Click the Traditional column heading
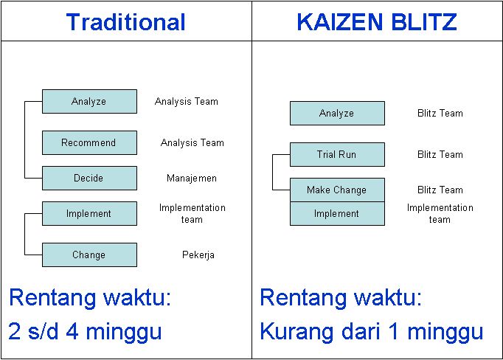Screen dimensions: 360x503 point(125,22)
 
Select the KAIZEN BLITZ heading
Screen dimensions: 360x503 point(376,22)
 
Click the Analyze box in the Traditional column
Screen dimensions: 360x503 point(89,102)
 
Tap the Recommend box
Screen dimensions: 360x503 point(89,143)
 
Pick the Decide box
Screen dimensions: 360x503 point(89,179)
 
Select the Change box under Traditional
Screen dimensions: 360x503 point(89,255)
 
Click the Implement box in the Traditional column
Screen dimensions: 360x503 point(89,214)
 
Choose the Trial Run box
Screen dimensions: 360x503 point(337,155)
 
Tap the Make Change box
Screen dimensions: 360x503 point(337,190)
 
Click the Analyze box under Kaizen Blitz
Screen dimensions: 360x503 point(337,114)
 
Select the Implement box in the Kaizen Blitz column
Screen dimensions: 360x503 point(337,214)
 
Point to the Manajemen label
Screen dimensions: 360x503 point(192,179)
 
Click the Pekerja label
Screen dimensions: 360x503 point(198,255)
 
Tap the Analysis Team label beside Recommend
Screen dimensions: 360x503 point(192,143)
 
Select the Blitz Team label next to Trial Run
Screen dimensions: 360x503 point(440,155)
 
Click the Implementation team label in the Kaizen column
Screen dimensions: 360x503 point(440,213)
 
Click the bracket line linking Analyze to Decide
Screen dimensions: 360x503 point(25,140)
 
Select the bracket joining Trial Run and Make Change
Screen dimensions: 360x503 point(273,173)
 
